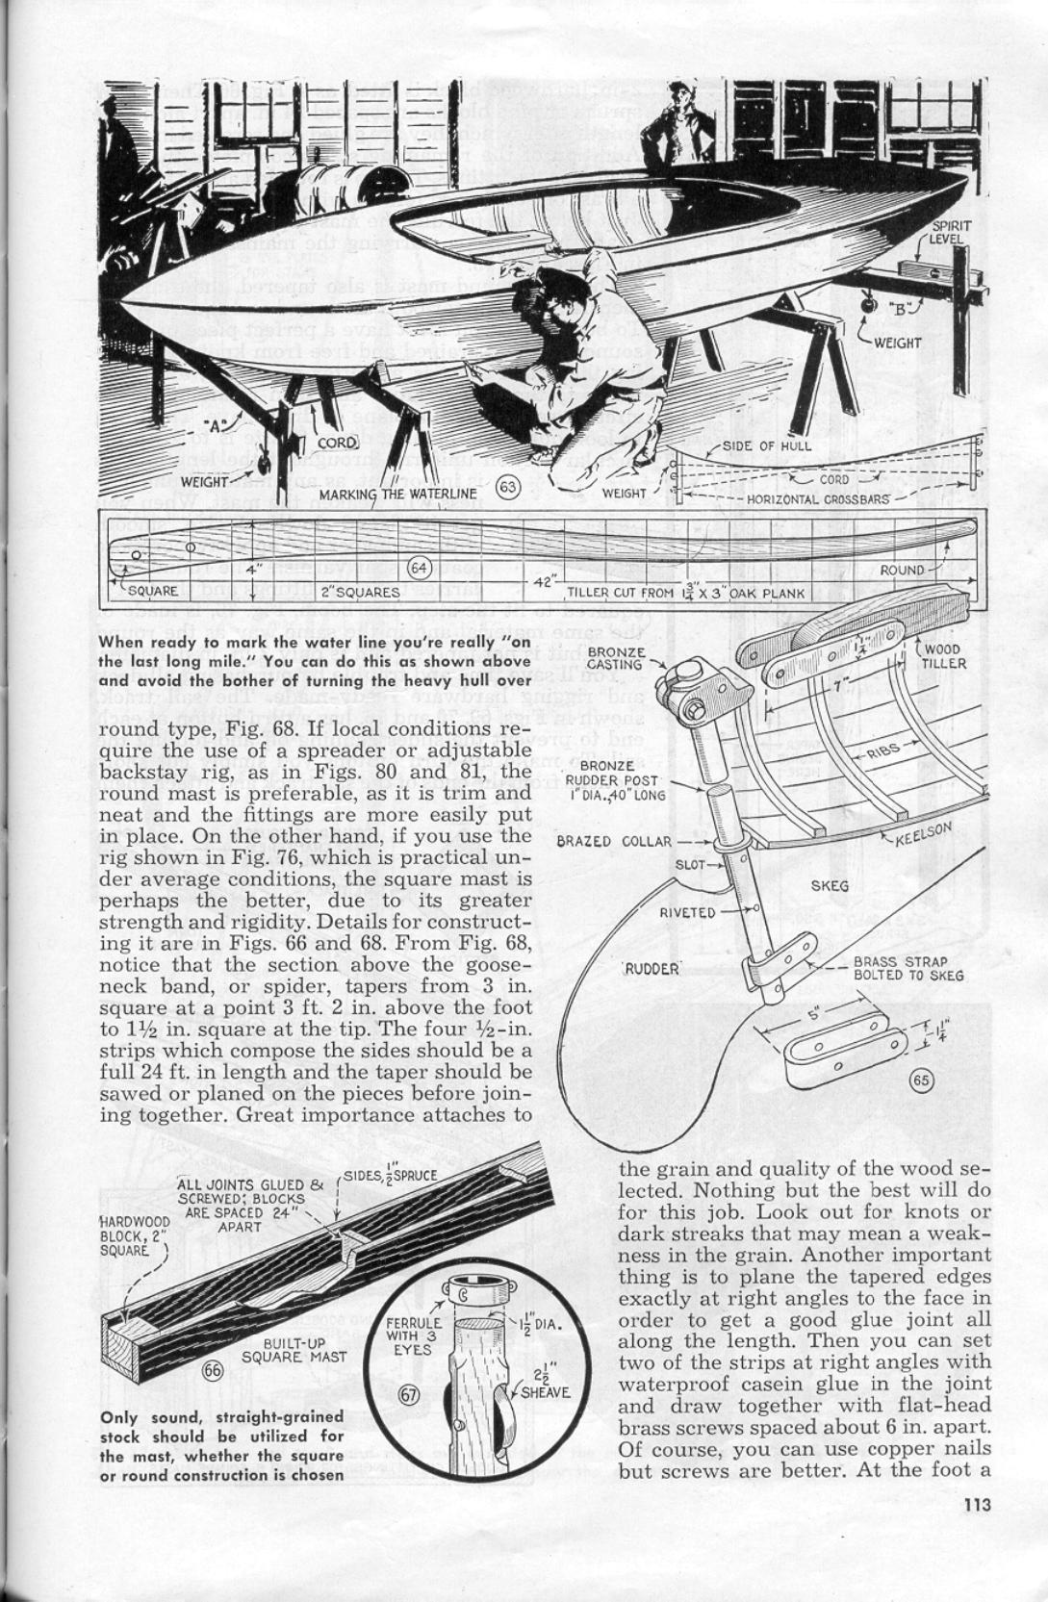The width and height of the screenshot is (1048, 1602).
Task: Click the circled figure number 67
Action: pos(405,1397)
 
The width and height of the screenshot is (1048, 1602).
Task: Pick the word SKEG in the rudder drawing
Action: pos(830,884)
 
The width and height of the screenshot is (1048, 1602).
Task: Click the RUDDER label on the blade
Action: pos(652,968)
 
